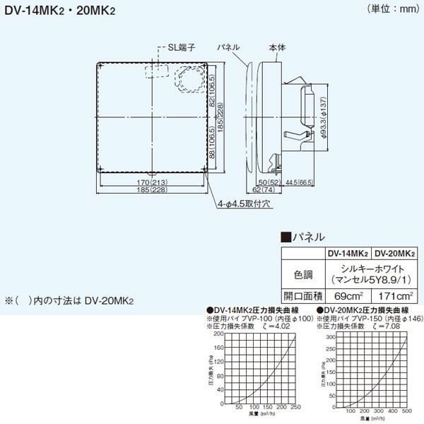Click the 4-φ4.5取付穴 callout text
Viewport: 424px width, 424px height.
point(245,202)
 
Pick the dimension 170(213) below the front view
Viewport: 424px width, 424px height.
point(151,182)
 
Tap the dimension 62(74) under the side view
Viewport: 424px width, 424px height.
point(266,190)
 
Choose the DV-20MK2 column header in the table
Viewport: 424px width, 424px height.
point(394,252)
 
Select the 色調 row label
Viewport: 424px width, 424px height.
point(303,272)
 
